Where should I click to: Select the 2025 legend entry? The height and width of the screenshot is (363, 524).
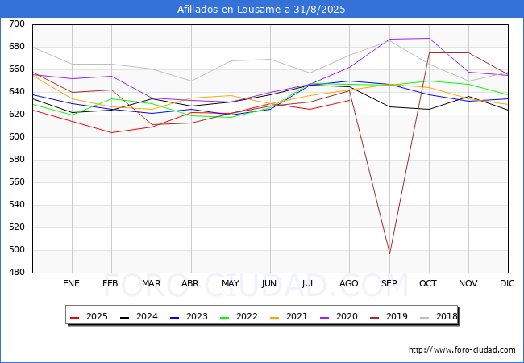[x=89, y=316]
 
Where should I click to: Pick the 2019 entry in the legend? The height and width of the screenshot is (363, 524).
[x=389, y=316]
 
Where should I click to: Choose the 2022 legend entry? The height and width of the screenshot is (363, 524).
[x=239, y=316]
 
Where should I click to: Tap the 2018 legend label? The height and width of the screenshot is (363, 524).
[x=447, y=316]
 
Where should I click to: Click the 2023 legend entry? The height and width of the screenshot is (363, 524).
[x=189, y=316]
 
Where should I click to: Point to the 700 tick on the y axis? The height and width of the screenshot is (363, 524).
[x=17, y=23]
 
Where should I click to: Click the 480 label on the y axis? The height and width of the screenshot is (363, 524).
[x=17, y=273]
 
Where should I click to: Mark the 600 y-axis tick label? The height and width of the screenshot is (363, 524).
[x=17, y=136]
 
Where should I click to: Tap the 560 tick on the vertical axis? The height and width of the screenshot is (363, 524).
[x=17, y=181]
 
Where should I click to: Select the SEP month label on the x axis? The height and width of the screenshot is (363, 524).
[x=389, y=283]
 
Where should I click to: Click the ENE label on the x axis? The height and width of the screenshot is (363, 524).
[x=71, y=283]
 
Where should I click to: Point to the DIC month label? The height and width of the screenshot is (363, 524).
[x=507, y=283]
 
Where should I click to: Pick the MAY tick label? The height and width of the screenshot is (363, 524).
[x=231, y=283]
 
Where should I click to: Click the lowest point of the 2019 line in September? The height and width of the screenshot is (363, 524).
[x=389, y=254]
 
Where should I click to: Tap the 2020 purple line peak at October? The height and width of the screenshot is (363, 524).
[x=429, y=38]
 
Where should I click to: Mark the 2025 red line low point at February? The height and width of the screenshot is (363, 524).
[x=111, y=133]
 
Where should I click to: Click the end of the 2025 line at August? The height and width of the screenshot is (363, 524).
[x=350, y=100]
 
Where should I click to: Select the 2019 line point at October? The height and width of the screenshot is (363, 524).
[x=429, y=52]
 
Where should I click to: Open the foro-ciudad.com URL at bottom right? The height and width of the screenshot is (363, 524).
[x=462, y=350]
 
